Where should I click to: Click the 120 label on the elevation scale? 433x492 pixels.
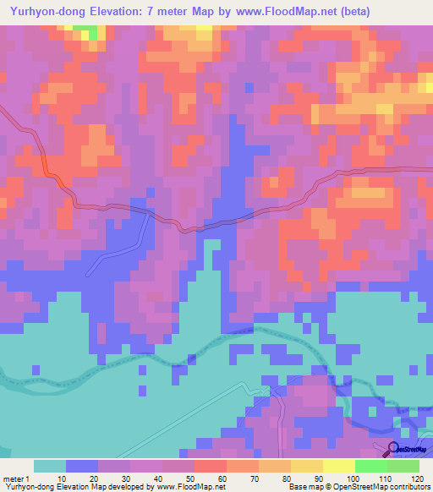pyautogui.click(x=416, y=478)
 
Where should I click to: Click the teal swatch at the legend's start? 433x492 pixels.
pyautogui.click(x=50, y=466)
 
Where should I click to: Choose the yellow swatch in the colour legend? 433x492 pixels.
pyautogui.click(x=339, y=466)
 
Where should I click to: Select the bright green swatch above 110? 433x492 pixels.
pyautogui.click(x=371, y=466)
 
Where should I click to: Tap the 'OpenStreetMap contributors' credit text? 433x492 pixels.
pyautogui.click(x=385, y=487)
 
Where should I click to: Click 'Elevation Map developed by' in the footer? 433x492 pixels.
pyautogui.click(x=102, y=487)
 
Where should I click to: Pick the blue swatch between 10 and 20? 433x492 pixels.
pyautogui.click(x=82, y=466)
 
